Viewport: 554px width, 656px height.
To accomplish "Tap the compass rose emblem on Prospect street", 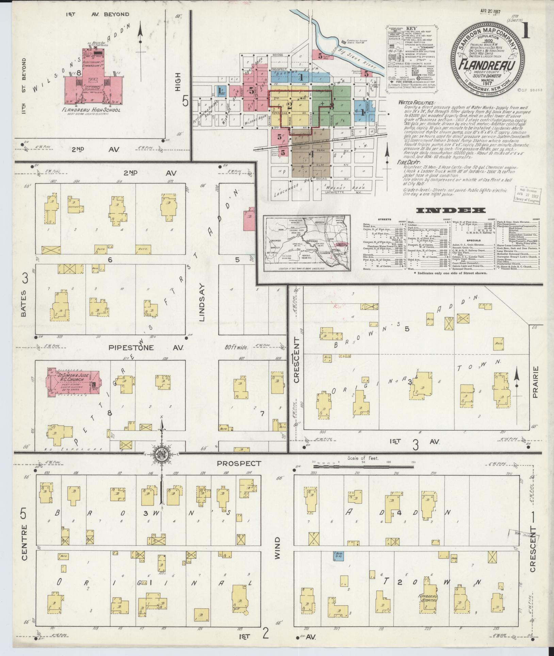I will point(160,455).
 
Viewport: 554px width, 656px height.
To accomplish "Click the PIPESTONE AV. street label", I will point(146,348).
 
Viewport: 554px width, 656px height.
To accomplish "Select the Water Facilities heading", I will point(416,103).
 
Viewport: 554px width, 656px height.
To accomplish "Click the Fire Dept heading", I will point(408,163).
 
